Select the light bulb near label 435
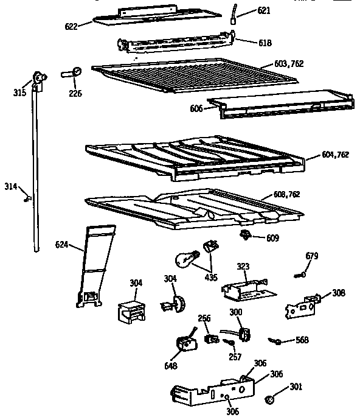[x=186, y=259]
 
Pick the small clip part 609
[x=246, y=234]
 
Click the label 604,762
[x=335, y=155]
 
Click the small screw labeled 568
[x=276, y=342]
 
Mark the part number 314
[x=11, y=187]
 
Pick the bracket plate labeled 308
[x=302, y=306]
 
